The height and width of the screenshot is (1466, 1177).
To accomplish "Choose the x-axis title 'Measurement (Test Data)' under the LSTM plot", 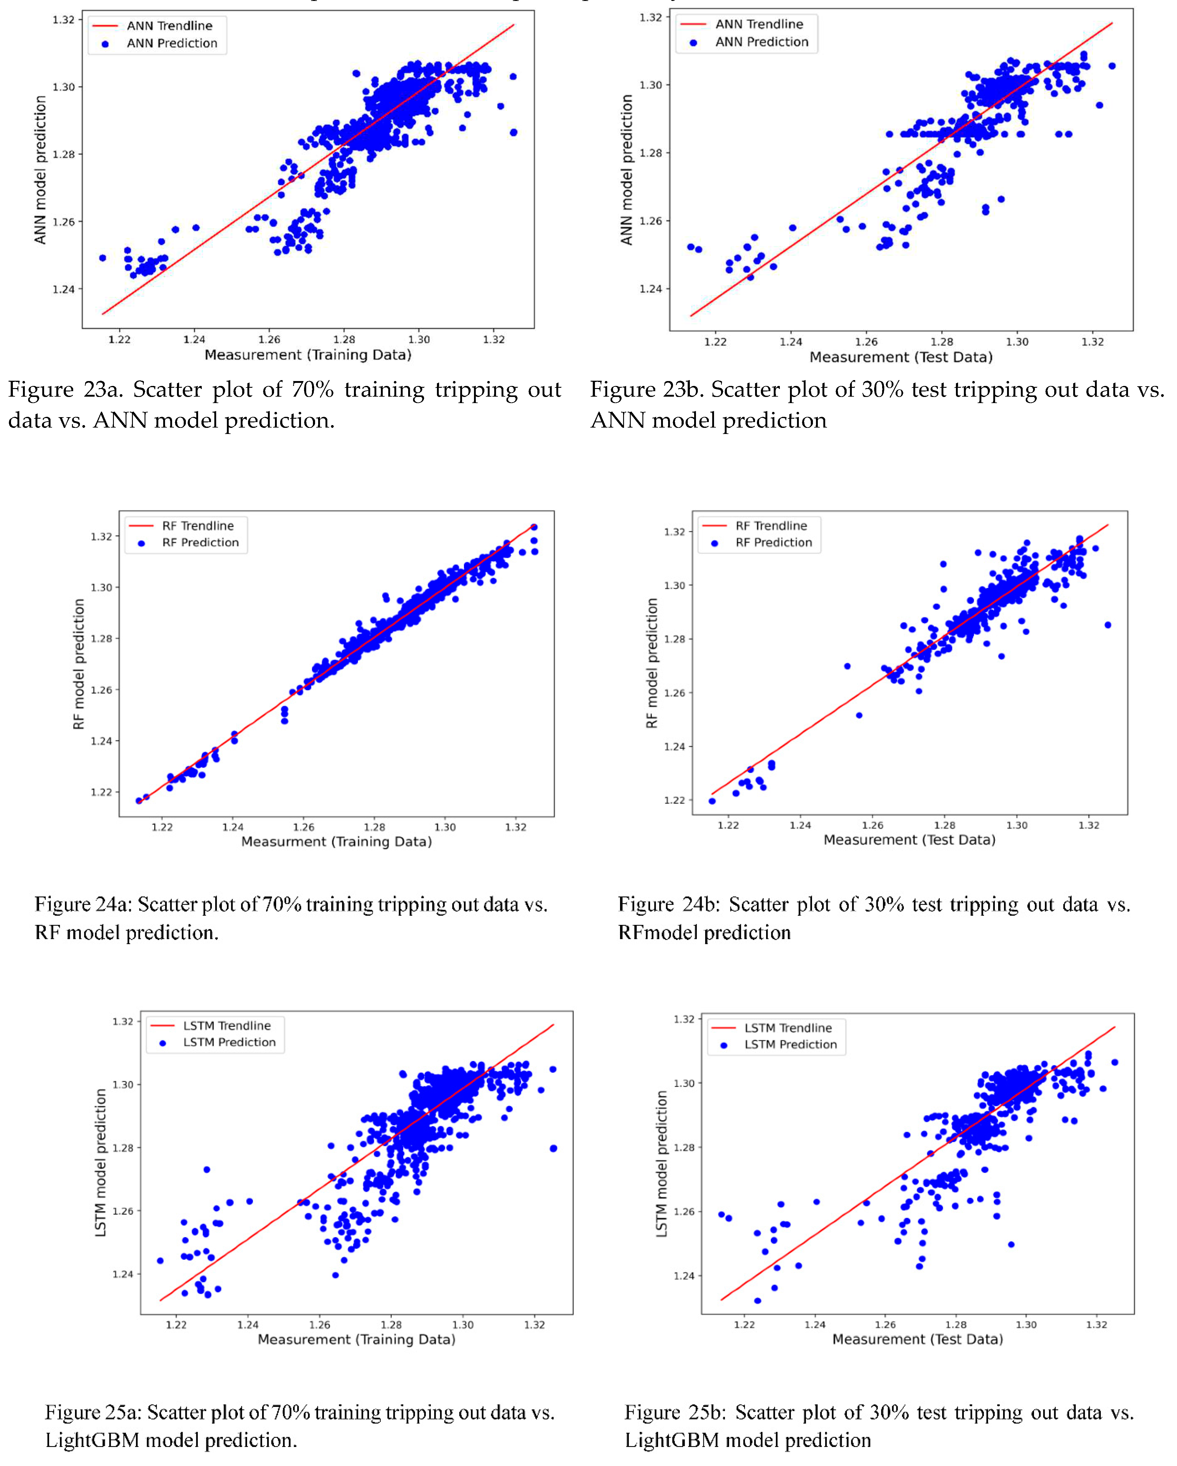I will pyautogui.click(x=917, y=1340).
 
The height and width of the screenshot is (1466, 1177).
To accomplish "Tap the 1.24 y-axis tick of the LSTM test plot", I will pyautogui.click(x=684, y=1276).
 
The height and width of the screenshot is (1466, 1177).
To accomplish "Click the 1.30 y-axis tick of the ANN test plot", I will pyautogui.click(x=650, y=85).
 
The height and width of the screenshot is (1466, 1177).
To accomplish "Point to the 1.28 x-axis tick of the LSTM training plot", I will pyautogui.click(x=391, y=1325).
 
